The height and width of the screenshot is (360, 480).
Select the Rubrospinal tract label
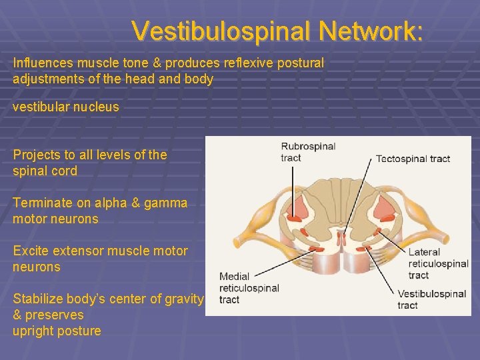(308, 152)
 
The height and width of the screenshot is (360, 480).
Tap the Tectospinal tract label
(413, 159)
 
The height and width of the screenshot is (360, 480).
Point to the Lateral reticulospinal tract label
(437, 263)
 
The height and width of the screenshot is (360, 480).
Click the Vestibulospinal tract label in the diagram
(431, 299)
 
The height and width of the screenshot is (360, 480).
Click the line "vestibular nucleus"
(66, 107)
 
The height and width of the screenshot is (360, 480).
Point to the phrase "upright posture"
(57, 331)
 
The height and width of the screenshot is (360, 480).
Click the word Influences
(41, 63)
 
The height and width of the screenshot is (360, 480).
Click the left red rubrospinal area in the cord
(294, 213)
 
